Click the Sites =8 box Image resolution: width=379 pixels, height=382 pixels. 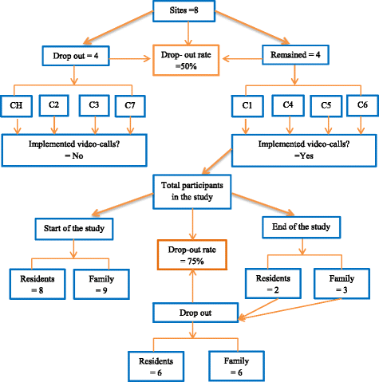189,14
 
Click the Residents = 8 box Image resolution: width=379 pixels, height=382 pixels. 36,283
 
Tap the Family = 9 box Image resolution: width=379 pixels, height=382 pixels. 100,283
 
